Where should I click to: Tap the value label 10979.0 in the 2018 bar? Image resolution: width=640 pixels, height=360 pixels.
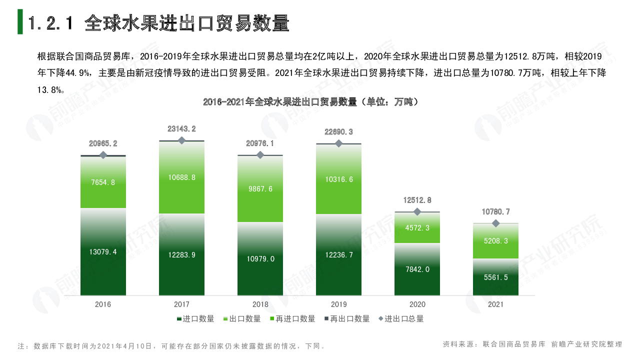(260, 258)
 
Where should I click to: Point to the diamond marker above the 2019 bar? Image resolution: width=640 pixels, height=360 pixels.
(338, 143)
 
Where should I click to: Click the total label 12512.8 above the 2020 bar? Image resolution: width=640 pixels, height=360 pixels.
(417, 200)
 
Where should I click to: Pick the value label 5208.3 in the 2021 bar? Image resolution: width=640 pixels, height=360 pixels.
(495, 241)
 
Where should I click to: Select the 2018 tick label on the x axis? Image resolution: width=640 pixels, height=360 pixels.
(260, 304)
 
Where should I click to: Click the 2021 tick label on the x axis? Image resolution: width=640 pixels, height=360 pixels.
(495, 304)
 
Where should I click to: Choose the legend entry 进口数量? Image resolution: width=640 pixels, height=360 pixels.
(195, 319)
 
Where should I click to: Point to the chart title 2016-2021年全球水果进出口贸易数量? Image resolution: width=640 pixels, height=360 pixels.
(310, 102)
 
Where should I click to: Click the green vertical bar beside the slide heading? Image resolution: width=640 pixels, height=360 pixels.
(20, 22)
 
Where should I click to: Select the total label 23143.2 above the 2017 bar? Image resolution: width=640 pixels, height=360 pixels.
(181, 129)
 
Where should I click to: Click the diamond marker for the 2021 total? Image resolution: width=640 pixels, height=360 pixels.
(495, 223)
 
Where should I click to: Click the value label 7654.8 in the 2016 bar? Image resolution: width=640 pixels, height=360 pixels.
(103, 182)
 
